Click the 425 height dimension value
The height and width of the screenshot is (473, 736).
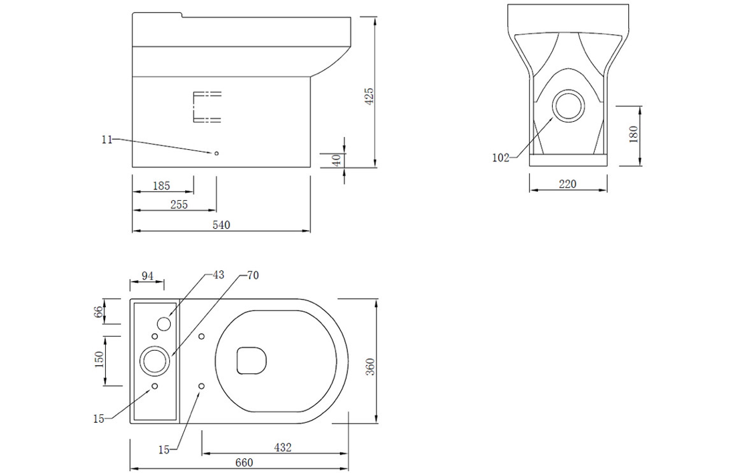(369, 96)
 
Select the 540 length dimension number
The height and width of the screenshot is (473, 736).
(221, 225)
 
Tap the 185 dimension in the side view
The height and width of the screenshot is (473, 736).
(161, 186)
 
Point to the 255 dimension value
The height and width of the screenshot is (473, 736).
(179, 205)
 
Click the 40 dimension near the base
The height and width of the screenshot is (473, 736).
(337, 161)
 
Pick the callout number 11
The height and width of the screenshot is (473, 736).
(107, 139)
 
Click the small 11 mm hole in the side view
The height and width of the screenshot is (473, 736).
(216, 153)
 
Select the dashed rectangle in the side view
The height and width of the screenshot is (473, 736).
(207, 106)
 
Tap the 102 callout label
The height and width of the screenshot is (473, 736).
(501, 158)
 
